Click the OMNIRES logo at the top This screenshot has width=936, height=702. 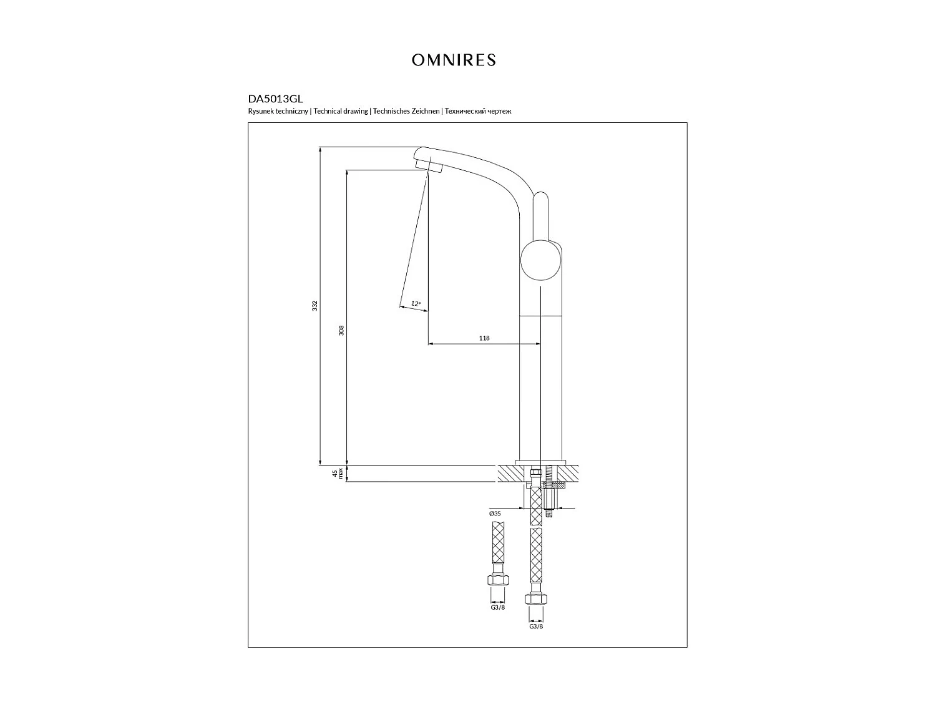(x=454, y=60)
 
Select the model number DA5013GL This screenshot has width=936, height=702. (x=275, y=99)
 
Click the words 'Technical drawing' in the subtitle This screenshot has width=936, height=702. (x=341, y=112)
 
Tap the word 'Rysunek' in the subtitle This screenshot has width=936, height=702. (x=261, y=112)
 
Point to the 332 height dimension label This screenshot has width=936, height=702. (x=315, y=306)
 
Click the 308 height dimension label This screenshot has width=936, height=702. (x=341, y=331)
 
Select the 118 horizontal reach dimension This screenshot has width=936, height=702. (x=484, y=338)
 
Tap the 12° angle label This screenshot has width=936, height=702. (x=416, y=304)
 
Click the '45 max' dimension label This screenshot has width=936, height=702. (x=337, y=474)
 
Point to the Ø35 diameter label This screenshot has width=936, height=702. (x=495, y=514)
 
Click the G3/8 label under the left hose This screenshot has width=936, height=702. (x=497, y=607)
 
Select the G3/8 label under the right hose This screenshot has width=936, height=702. (x=536, y=626)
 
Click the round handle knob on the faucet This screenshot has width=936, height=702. (x=540, y=262)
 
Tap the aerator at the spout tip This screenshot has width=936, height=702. (x=429, y=163)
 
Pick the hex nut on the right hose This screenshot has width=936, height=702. (x=536, y=599)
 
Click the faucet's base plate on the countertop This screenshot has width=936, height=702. (x=540, y=462)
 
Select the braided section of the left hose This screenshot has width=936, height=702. (x=497, y=543)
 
